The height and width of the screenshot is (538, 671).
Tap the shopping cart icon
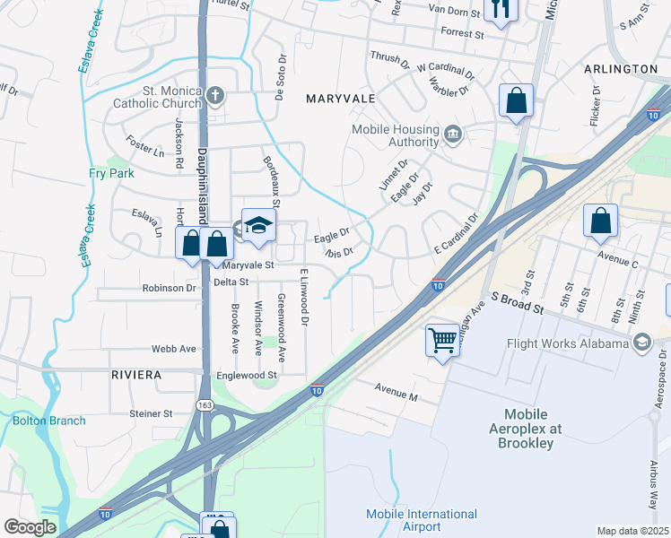point(442,340)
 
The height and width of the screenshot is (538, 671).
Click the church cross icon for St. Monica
point(214,96)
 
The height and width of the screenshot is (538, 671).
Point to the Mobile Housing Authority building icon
point(453,135)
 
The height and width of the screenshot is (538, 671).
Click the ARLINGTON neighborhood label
point(621,69)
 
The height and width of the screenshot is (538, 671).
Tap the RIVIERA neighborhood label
point(136,374)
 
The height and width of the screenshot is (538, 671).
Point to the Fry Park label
point(111,173)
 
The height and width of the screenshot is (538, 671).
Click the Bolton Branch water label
point(49,421)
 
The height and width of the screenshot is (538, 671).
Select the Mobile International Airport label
point(422,520)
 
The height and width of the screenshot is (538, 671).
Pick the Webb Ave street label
point(173,349)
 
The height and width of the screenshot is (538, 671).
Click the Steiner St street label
point(150,413)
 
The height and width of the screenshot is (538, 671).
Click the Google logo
point(30,527)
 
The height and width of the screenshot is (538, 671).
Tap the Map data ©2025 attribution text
point(632,531)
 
